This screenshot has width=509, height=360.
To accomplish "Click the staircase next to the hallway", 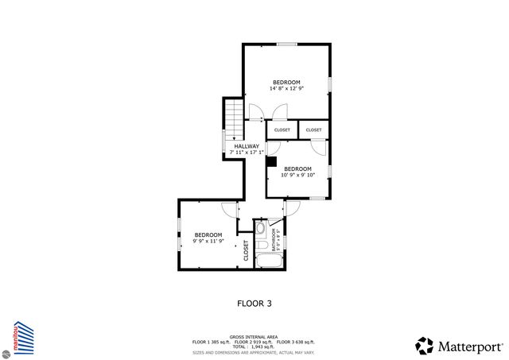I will pos(232,120).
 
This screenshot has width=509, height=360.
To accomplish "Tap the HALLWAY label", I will pos(246,146).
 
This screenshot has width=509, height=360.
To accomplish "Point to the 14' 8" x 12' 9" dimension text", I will pos(286,89).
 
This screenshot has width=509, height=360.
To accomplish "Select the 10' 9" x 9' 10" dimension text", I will pos(298,175).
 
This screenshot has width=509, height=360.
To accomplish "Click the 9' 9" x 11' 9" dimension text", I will pos(208,241).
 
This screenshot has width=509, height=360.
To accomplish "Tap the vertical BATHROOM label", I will pos(274,239).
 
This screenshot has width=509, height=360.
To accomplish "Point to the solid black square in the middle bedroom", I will pos(271,161).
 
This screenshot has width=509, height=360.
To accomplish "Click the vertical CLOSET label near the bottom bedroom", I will pos(246,251).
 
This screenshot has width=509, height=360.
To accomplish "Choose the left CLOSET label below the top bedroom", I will pos(282,130).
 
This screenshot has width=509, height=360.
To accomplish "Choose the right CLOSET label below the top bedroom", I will pos(313,130).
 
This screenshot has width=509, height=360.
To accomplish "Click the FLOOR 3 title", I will pos(254,303).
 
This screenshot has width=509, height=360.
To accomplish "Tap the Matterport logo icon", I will pos(425,346).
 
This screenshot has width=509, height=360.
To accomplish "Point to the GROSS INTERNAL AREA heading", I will pos(254,335).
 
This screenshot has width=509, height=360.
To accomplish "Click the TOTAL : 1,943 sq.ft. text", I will pos(254,346).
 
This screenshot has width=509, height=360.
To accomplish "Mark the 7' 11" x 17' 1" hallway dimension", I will pos(246,152).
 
